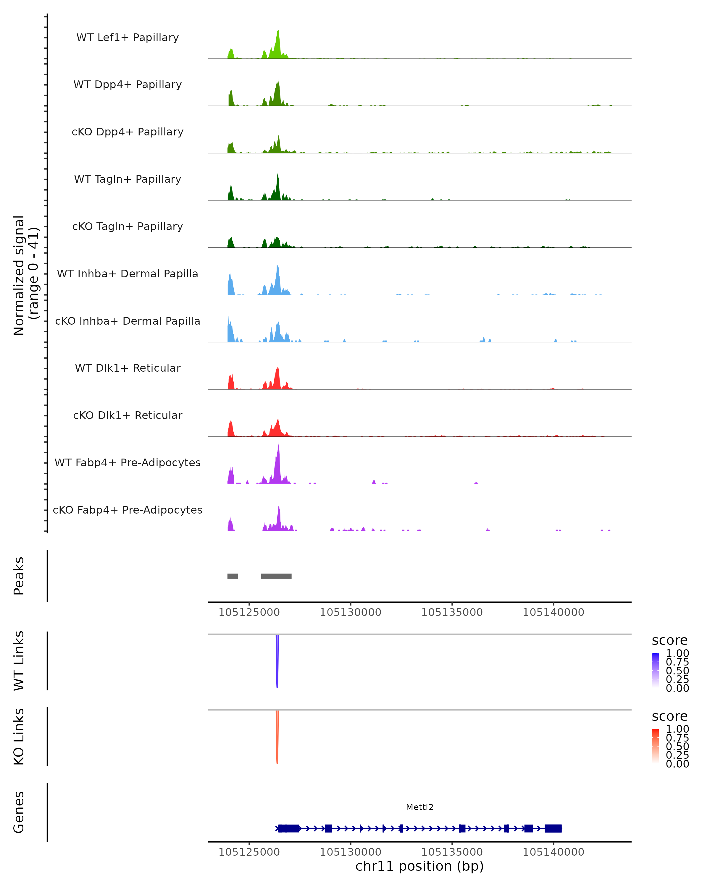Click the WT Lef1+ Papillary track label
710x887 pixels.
coord(128,38)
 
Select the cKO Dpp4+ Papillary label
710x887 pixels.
coord(128,132)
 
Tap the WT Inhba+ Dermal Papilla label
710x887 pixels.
coord(128,273)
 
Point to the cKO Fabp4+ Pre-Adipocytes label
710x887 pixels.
coord(128,510)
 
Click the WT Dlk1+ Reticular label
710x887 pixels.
coord(128,368)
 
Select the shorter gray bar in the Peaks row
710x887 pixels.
coord(233,576)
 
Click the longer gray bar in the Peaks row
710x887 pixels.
coord(276,576)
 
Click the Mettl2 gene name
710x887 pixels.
coord(419,807)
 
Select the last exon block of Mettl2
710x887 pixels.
coord(553,828)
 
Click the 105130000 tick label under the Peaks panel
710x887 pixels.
coord(350,612)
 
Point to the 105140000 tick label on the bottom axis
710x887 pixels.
coord(553,852)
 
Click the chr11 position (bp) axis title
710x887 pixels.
coord(419,866)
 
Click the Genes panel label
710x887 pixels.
coord(19,812)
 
